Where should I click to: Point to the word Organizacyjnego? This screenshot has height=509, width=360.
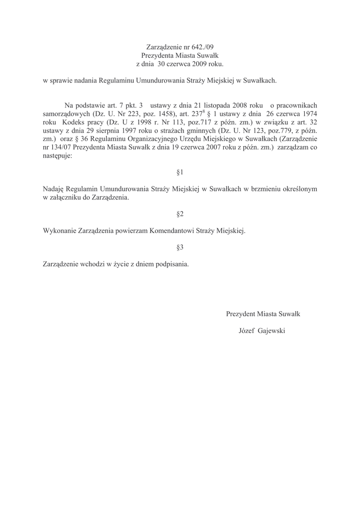pyautogui.click(x=141, y=139)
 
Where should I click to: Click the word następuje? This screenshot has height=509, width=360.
pyautogui.click(x=57, y=156)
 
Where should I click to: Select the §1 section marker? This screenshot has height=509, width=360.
pyautogui.click(x=180, y=172)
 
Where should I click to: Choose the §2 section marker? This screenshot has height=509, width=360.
pyautogui.click(x=180, y=214)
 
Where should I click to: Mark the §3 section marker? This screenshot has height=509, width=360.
pyautogui.click(x=180, y=248)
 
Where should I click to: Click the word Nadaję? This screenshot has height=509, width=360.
pyautogui.click(x=53, y=189)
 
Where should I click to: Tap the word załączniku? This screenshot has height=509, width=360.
pyautogui.click(x=66, y=198)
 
